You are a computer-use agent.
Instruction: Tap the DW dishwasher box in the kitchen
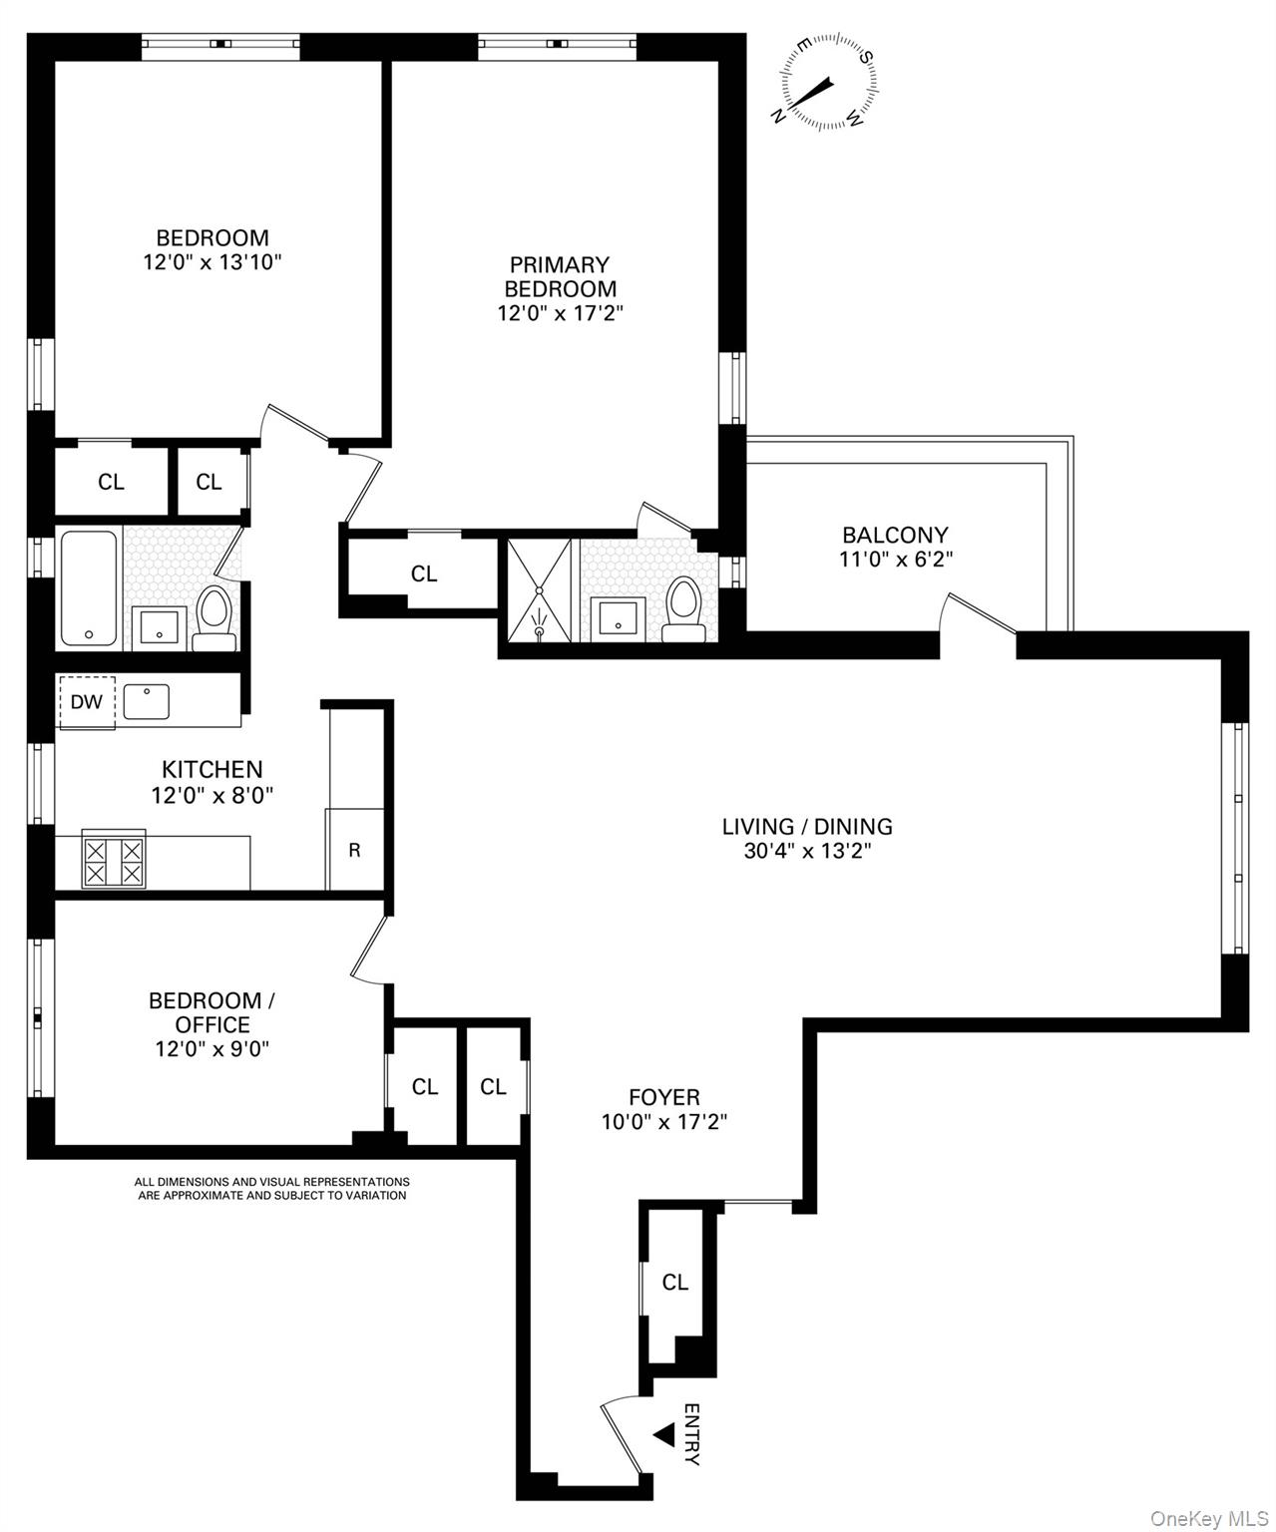[x=87, y=701]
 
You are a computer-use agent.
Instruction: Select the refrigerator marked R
[x=354, y=850]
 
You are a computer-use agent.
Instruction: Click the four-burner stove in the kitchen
[x=114, y=861]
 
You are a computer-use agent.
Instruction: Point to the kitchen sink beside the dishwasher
[x=147, y=701]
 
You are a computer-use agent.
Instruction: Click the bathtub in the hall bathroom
[x=89, y=588]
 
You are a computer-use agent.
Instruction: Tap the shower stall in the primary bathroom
[x=540, y=591]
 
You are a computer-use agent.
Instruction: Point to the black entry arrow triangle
[x=664, y=1434]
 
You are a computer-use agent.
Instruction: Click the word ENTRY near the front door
[x=691, y=1434]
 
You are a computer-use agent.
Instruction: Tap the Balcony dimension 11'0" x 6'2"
[x=895, y=560]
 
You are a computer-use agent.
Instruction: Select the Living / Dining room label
[x=807, y=826]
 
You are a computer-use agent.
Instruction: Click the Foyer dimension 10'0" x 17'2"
[x=663, y=1121]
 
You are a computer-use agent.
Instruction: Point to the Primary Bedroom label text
[x=560, y=276]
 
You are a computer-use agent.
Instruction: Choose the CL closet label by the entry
[x=675, y=1282]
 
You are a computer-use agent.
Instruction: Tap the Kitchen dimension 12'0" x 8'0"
[x=213, y=795]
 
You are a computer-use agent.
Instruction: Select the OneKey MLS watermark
[x=1208, y=1518]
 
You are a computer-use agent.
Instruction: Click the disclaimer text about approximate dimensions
[x=272, y=1188]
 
